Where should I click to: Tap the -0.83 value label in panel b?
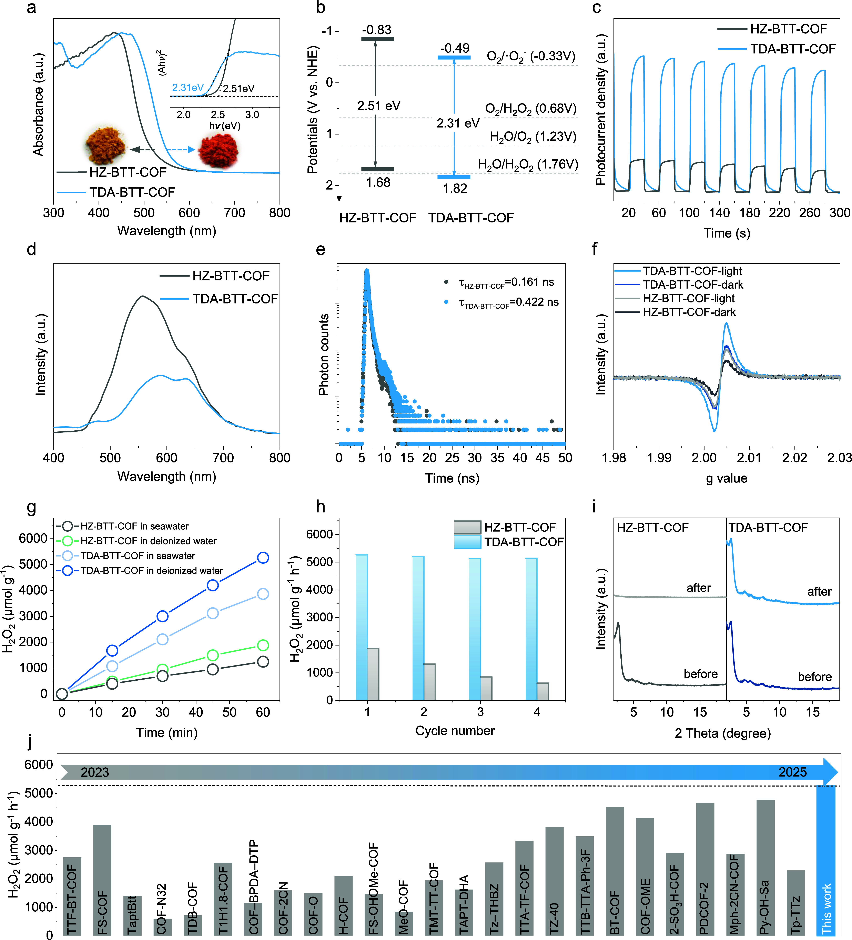(377, 30)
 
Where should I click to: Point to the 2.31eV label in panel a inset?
(188, 88)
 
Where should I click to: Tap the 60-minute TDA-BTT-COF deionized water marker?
(263, 558)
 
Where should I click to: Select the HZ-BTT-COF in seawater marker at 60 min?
(263, 662)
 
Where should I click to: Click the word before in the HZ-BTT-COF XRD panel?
(701, 674)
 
